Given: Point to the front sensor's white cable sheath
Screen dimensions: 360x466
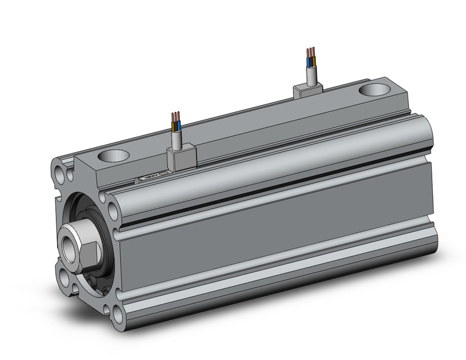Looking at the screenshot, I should click(x=177, y=139).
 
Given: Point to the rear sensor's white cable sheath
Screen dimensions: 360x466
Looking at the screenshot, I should click(x=311, y=74).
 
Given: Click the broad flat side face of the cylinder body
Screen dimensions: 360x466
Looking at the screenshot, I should click(x=270, y=245).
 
